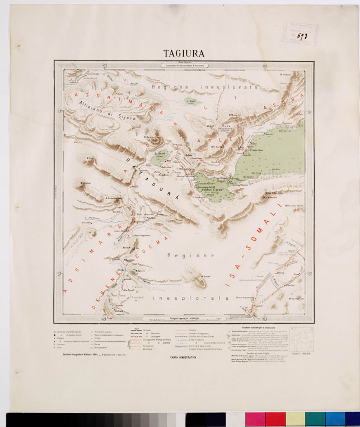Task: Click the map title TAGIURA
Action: [x=183, y=54]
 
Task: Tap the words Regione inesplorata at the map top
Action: [x=207, y=88]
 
